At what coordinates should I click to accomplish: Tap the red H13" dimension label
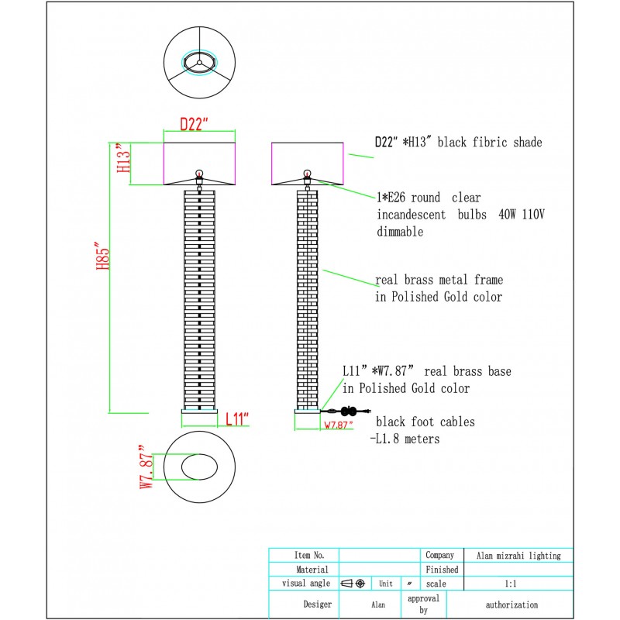[x=121, y=160]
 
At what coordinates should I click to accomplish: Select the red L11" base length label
[x=237, y=420]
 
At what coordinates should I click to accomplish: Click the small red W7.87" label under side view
[x=338, y=425]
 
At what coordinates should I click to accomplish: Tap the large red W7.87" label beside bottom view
[x=146, y=467]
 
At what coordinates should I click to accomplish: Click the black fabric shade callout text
[x=458, y=143]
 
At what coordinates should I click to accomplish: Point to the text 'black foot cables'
[x=425, y=422]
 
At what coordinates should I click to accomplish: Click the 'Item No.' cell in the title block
[x=304, y=556]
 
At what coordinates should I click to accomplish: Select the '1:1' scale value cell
[x=511, y=583]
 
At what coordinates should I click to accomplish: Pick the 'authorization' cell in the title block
[x=511, y=604]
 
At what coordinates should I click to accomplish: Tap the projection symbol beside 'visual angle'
[x=353, y=583]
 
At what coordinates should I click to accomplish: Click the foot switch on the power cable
[x=348, y=412]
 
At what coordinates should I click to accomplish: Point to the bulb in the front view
[x=199, y=174]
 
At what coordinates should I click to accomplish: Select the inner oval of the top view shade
[x=199, y=63]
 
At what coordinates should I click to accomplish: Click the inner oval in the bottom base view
[x=200, y=467]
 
